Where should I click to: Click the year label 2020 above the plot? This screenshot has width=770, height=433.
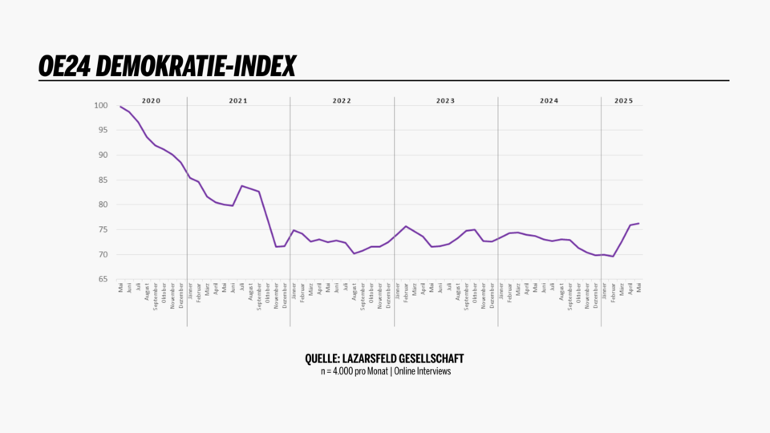[151, 101]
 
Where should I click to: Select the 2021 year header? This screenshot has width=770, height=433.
[238, 101]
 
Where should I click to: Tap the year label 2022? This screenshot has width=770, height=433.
[342, 101]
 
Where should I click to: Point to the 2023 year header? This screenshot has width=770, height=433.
[445, 101]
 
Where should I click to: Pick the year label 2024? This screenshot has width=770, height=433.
[549, 101]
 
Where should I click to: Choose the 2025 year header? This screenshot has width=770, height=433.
[623, 101]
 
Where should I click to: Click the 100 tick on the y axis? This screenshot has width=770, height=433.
[100, 106]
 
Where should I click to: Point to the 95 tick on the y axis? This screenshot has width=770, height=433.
[102, 131]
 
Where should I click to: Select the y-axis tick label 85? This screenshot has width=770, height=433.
[102, 180]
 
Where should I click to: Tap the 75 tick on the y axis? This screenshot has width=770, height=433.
[102, 230]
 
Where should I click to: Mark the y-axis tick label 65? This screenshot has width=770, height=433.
[102, 280]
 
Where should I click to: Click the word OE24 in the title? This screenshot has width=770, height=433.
[63, 67]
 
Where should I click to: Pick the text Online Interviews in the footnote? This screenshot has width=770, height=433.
[423, 371]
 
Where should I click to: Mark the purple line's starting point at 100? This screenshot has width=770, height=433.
[120, 107]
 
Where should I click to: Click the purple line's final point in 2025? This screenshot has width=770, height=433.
[639, 224]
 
